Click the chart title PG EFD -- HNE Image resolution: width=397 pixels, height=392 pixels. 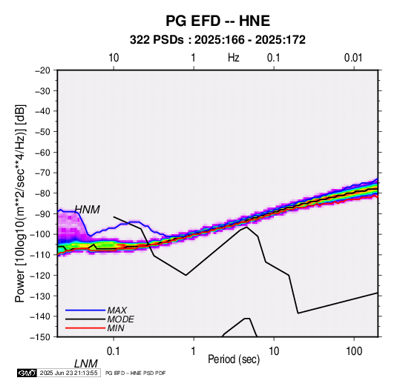(x=217, y=21)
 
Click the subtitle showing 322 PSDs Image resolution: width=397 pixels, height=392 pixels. (x=217, y=40)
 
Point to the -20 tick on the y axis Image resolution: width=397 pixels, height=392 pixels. (x=42, y=70)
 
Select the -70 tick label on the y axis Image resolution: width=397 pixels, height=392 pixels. (x=42, y=173)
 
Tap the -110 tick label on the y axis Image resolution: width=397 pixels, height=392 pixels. (x=40, y=255)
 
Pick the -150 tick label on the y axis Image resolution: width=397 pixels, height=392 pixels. (x=40, y=337)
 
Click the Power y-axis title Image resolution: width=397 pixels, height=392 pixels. (x=20, y=203)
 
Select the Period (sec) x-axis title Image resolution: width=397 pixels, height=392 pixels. (x=234, y=359)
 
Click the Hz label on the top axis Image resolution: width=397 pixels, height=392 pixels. (x=234, y=58)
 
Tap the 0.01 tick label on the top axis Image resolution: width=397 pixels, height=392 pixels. (x=353, y=58)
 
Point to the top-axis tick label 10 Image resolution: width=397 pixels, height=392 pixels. (x=114, y=58)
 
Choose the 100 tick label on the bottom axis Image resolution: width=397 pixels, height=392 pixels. (x=354, y=351)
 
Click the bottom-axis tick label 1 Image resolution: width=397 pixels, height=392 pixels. (x=193, y=351)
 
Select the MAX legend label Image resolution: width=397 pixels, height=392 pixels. (x=117, y=310)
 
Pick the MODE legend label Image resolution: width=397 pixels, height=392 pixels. (x=120, y=319)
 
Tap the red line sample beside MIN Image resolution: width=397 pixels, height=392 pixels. (x=85, y=328)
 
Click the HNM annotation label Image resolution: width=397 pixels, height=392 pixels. (x=87, y=210)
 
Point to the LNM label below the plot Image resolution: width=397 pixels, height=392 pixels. (x=85, y=364)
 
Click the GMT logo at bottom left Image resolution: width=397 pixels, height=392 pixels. (x=27, y=373)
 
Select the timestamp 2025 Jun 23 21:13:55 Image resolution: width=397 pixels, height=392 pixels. (x=68, y=373)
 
